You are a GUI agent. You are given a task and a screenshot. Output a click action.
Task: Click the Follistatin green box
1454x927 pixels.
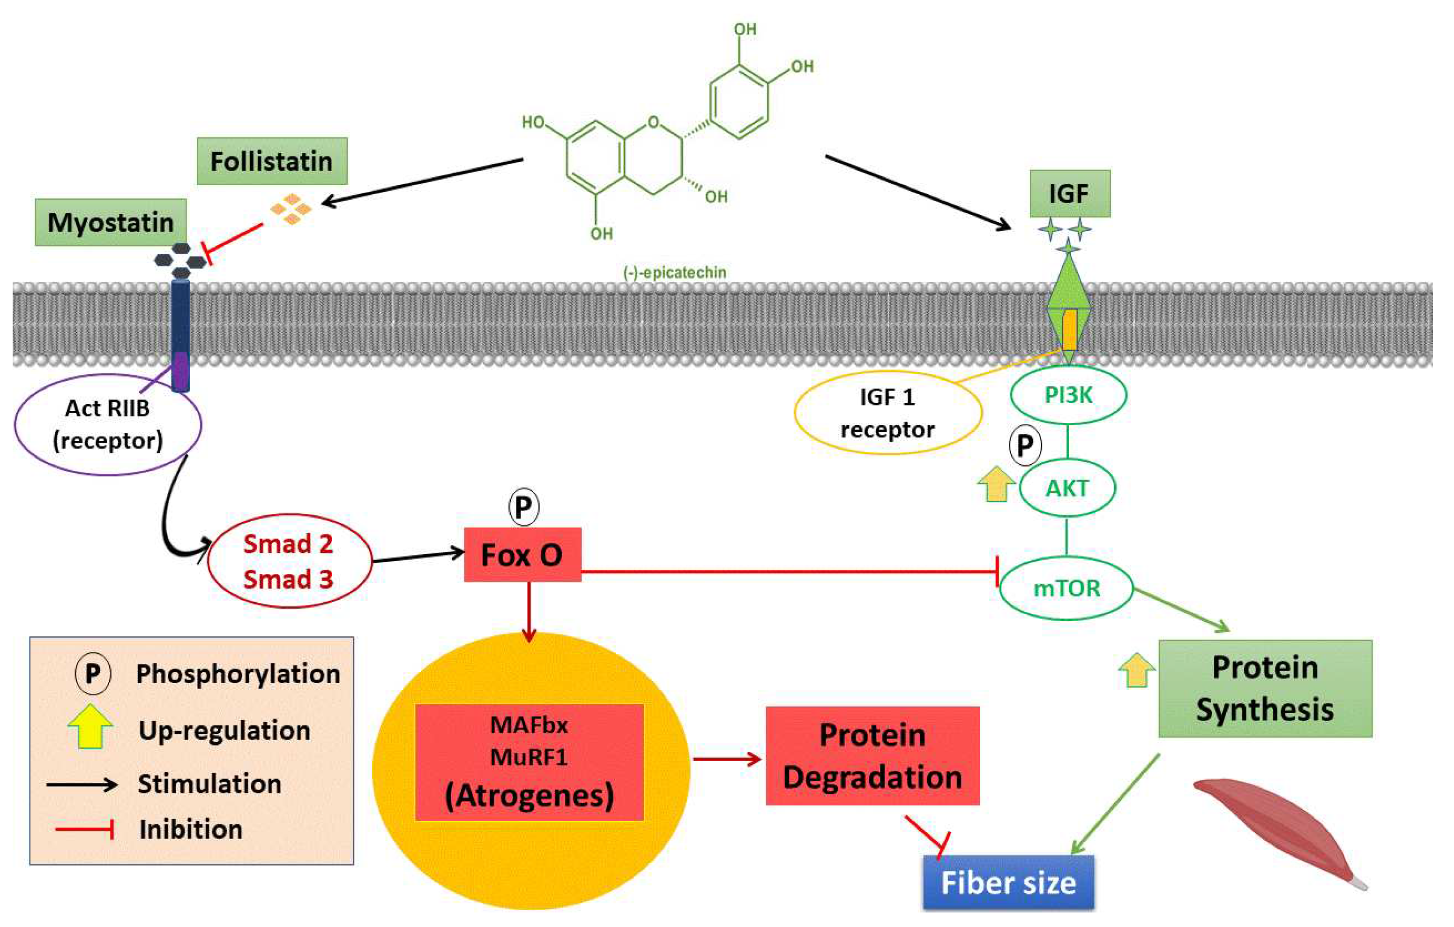(x=272, y=161)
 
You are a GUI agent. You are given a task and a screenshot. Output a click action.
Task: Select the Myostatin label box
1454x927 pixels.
(x=111, y=222)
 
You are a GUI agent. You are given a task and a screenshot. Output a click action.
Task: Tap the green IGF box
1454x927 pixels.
(x=1069, y=193)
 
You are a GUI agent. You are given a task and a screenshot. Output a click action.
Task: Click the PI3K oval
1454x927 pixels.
(x=1067, y=395)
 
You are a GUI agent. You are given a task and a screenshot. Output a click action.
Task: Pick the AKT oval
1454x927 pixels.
(x=1067, y=488)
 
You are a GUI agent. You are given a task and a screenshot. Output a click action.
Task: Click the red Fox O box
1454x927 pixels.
(x=522, y=555)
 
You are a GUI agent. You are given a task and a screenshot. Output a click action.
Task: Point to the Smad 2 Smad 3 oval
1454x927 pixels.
(x=289, y=561)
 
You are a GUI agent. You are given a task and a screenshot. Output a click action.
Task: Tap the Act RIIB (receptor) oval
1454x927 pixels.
(x=107, y=424)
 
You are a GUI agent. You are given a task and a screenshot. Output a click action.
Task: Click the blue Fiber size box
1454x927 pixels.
(x=1008, y=883)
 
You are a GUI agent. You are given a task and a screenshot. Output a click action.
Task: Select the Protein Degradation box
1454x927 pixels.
(x=872, y=755)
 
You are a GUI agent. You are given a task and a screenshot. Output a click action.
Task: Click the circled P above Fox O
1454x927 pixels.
(x=523, y=506)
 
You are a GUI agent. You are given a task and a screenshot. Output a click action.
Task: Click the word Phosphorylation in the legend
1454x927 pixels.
(x=238, y=674)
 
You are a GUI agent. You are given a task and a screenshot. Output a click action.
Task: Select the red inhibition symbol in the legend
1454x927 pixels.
(x=84, y=829)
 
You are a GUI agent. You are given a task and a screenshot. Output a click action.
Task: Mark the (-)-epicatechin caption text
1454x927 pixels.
(x=674, y=272)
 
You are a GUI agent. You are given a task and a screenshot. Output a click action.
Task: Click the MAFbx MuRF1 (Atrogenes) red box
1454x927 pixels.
(x=529, y=761)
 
